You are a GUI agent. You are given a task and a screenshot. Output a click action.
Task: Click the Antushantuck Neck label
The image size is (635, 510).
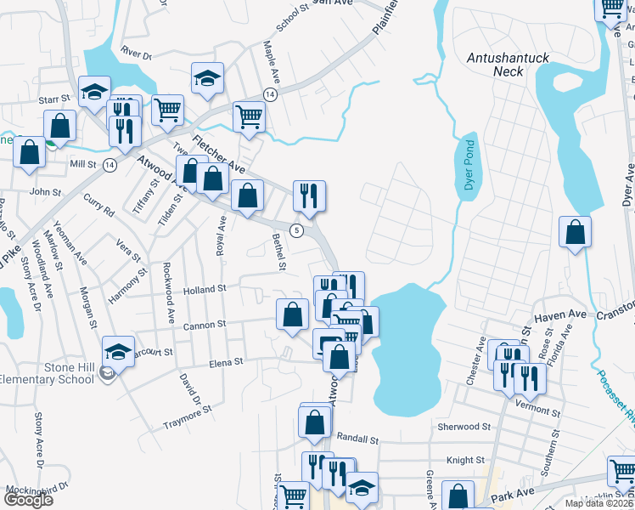[x=509, y=65]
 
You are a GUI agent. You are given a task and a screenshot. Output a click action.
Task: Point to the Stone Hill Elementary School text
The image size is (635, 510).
[x=47, y=373]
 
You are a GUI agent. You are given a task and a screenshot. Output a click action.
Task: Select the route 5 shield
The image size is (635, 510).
[x=295, y=230]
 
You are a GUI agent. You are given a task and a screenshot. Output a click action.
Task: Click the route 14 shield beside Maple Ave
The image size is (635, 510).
[x=269, y=93]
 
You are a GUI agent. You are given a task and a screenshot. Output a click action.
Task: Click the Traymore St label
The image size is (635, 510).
[x=187, y=416]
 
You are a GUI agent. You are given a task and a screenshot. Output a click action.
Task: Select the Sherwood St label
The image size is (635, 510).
[x=464, y=426]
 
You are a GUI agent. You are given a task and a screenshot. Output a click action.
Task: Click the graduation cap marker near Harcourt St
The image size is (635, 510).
[x=119, y=353]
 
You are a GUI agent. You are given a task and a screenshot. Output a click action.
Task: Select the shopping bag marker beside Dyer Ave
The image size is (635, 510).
[x=576, y=234]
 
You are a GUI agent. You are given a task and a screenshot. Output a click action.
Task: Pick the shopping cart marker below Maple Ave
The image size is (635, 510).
[x=249, y=116]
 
